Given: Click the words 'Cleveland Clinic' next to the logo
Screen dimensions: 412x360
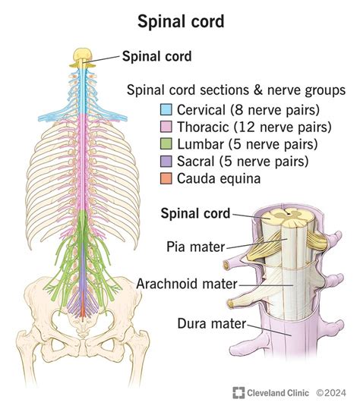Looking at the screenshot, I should pos(276,392).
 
